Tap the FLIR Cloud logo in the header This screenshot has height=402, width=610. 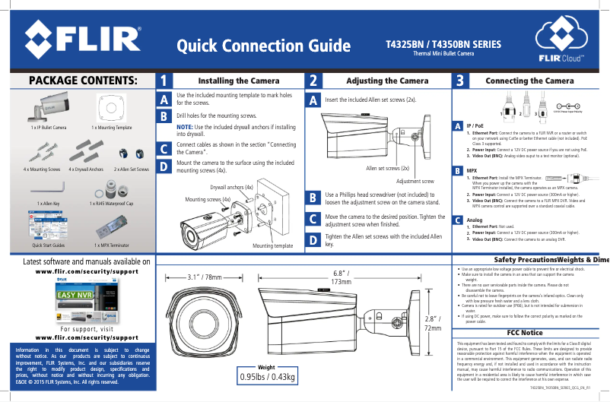(561, 43)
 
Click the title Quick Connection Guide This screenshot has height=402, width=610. (259, 48)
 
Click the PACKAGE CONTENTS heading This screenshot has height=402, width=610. (82, 81)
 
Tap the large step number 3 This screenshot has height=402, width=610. (459, 81)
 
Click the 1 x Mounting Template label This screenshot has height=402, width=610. (112, 128)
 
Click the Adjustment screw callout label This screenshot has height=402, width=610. (415, 182)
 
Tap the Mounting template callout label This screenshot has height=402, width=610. (272, 246)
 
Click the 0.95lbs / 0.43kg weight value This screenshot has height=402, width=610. (267, 377)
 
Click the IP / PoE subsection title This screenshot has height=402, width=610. (476, 125)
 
